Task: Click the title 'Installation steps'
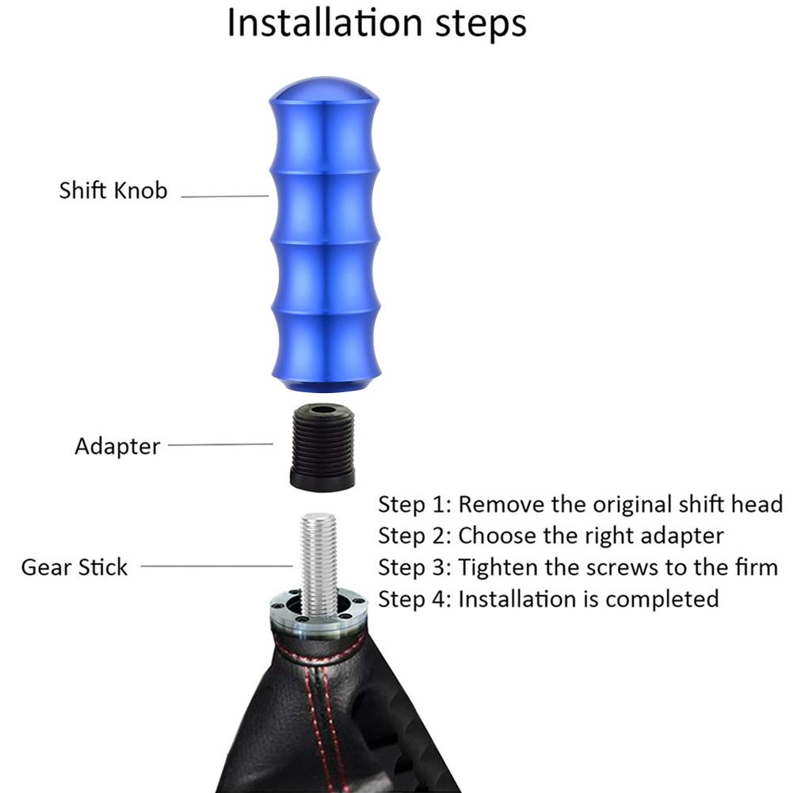tap(377, 23)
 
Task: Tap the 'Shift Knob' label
tap(113, 191)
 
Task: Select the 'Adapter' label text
tap(117, 447)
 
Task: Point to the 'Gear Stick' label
tap(74, 567)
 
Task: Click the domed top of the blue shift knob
tap(324, 90)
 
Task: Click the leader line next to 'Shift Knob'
tap(224, 196)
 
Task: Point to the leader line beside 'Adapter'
tap(220, 445)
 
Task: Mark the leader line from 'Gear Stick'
tap(216, 566)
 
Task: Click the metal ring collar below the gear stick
tap(318, 610)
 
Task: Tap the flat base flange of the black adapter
tap(322, 480)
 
